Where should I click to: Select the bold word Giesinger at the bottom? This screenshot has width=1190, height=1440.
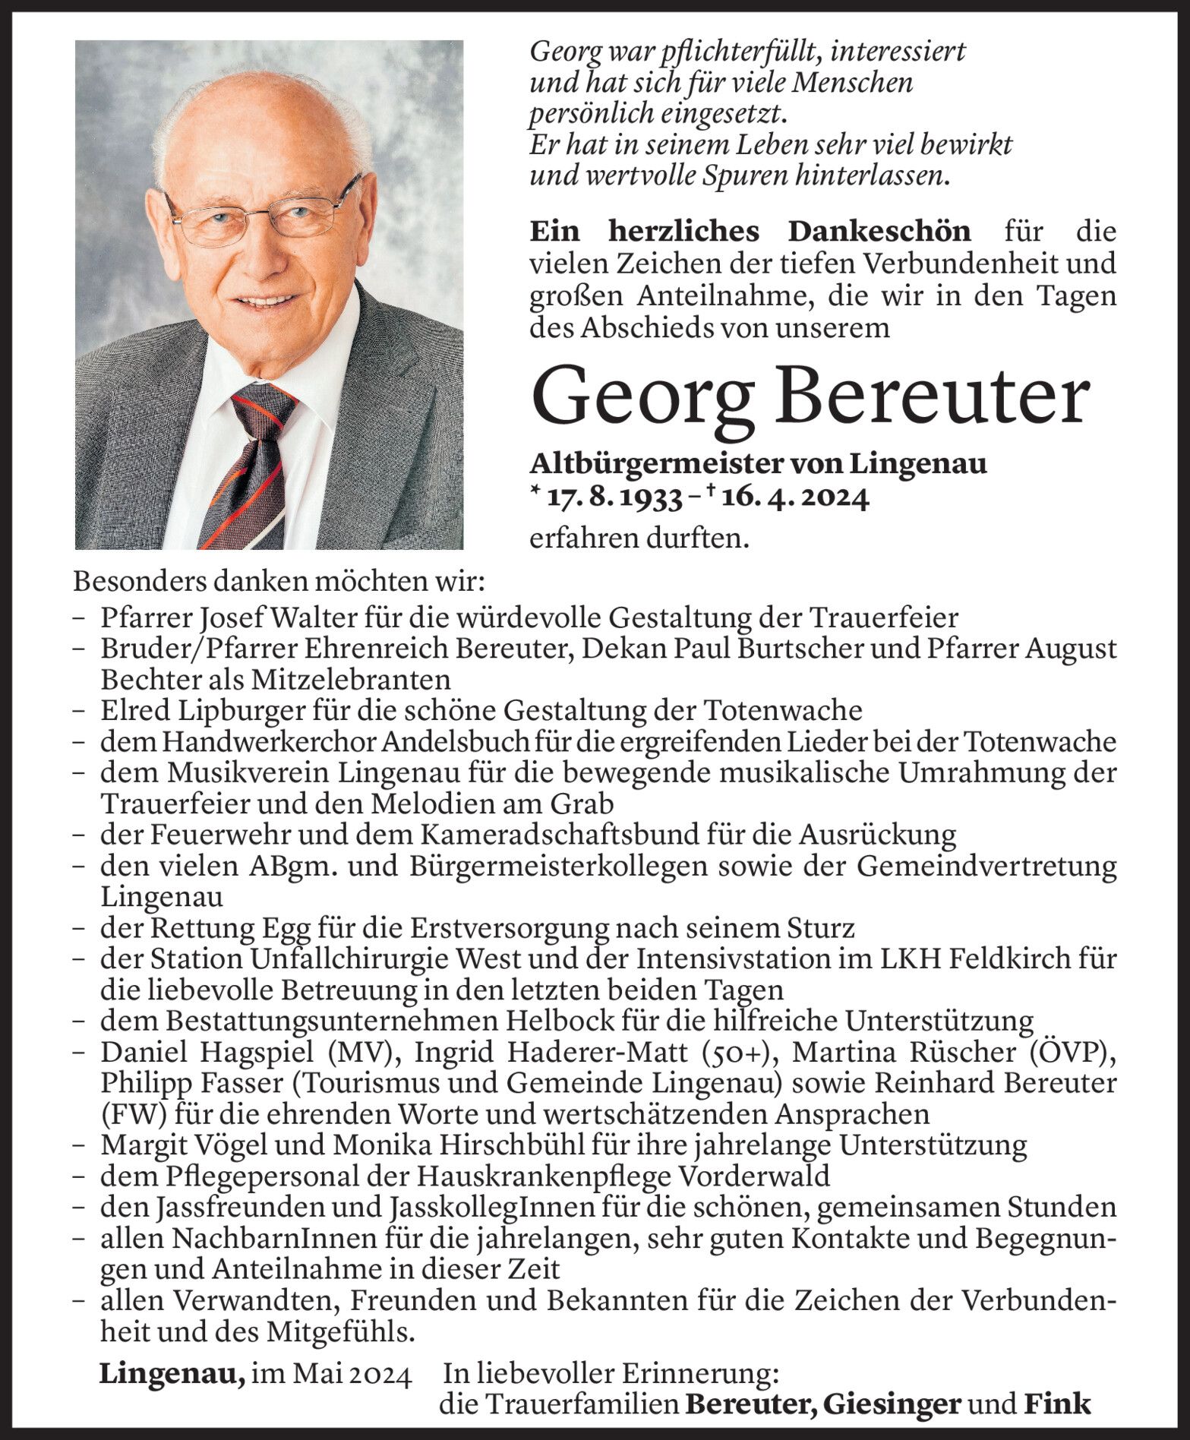(893, 1405)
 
